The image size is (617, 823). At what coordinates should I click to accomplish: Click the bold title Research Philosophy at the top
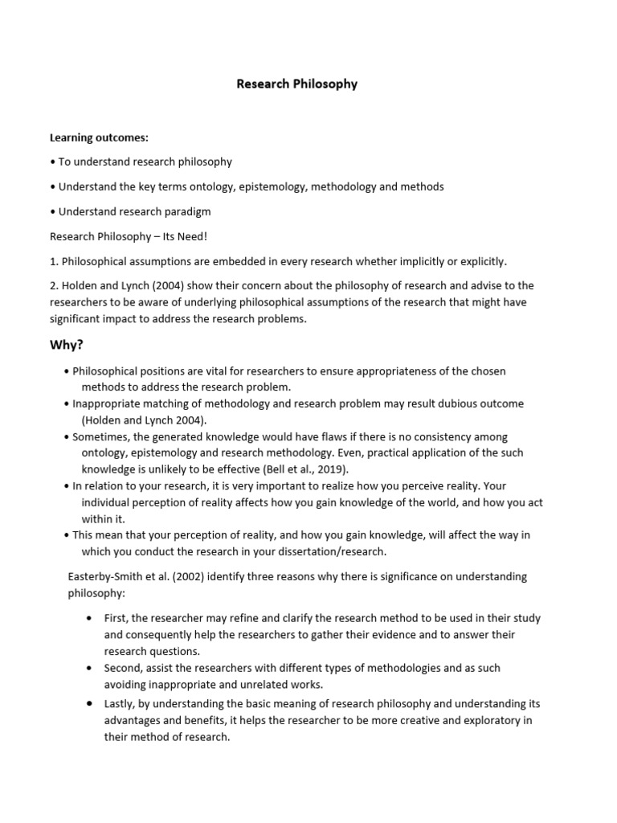coord(297,84)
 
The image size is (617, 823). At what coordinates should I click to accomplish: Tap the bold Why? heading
coord(68,345)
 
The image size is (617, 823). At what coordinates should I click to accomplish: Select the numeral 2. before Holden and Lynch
coord(55,285)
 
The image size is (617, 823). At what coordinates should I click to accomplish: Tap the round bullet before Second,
coord(88,668)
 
